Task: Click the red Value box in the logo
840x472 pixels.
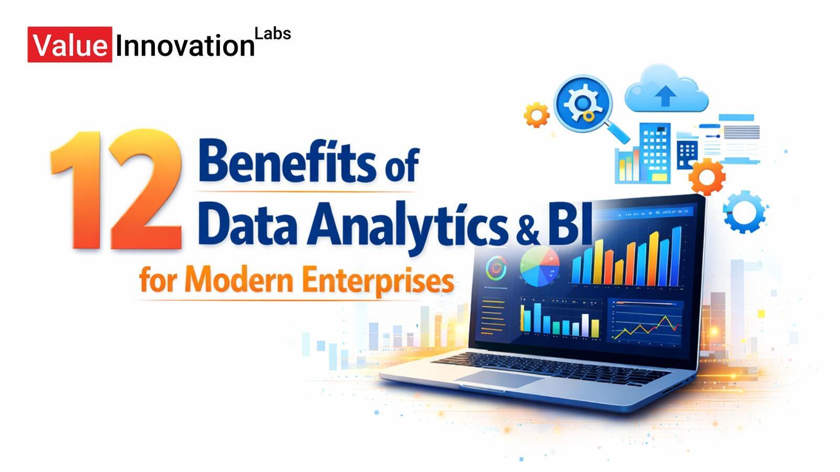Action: point(69,45)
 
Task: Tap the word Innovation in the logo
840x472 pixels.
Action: point(184,46)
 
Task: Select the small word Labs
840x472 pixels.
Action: point(272,34)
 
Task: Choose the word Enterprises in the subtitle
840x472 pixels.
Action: point(378,280)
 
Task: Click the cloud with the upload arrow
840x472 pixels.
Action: point(666,91)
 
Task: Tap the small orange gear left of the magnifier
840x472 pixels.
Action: point(537,114)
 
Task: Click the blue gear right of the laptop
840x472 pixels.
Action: point(744,211)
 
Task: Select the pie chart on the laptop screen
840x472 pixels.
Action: point(539,266)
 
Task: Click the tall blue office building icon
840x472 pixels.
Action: point(655,152)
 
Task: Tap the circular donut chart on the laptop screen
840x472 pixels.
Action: point(496,269)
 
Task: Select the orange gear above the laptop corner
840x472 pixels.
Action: point(707,176)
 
